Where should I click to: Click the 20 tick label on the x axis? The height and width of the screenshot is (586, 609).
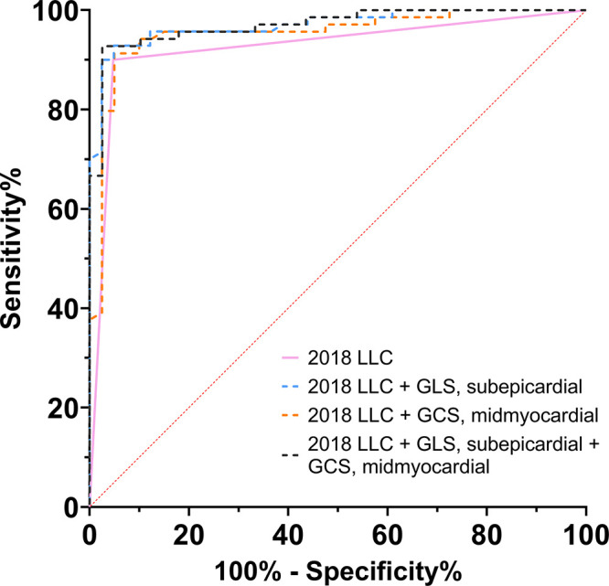pos(188,530)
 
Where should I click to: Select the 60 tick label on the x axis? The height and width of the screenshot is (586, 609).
pos(387,530)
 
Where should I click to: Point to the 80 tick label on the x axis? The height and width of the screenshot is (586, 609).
pos(486,530)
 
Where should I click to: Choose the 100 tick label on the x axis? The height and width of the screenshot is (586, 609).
pos(582,530)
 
